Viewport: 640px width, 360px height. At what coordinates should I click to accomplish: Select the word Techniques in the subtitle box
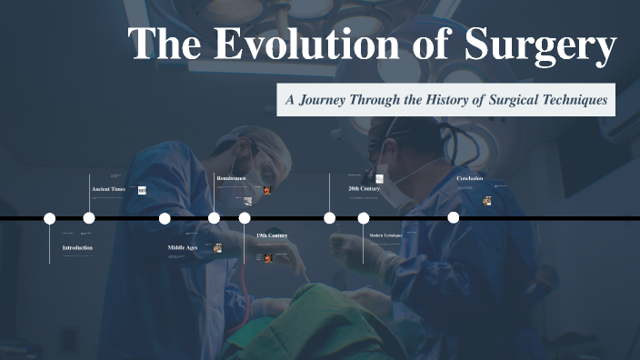(x=571, y=99)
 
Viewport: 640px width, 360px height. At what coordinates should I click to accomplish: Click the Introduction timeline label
(x=77, y=247)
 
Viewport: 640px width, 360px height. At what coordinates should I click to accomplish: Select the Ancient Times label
(x=108, y=189)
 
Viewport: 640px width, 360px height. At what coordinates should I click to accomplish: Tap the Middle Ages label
(x=183, y=247)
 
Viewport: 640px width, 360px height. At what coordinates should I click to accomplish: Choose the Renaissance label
(x=231, y=178)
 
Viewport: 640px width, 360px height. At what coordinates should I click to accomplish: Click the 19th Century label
(x=272, y=235)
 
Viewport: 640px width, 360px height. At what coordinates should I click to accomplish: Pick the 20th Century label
(x=364, y=188)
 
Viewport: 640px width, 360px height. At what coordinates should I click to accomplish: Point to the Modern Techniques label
(x=385, y=235)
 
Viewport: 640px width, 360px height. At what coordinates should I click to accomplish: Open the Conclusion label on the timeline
(x=470, y=178)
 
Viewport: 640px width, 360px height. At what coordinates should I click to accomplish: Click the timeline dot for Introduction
(x=50, y=218)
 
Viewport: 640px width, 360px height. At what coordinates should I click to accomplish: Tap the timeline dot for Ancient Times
(x=89, y=218)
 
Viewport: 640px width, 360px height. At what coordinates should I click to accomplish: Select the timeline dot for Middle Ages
(x=165, y=218)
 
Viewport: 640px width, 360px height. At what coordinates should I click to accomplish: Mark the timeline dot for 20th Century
(x=330, y=218)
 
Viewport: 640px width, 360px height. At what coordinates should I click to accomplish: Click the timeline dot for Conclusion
(x=454, y=218)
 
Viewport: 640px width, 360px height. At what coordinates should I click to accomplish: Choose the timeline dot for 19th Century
(x=245, y=218)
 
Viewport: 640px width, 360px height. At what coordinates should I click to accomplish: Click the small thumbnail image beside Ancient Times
(x=142, y=190)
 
